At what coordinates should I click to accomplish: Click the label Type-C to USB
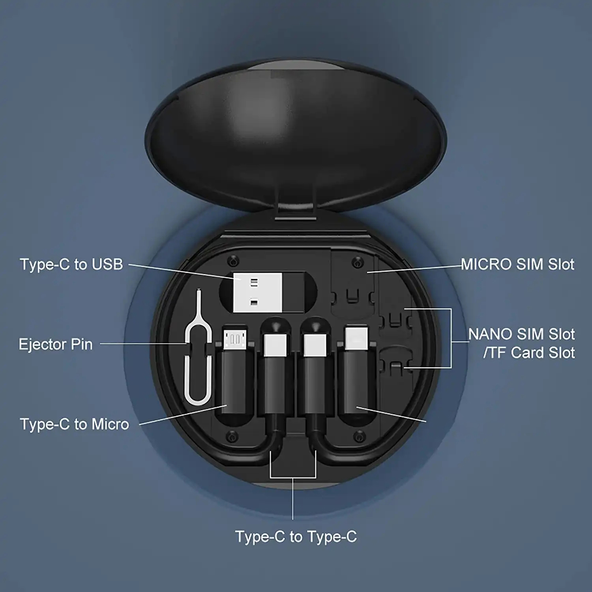[x=71, y=264]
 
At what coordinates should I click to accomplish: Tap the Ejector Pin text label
[x=56, y=344]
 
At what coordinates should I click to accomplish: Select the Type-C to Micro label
[x=75, y=424]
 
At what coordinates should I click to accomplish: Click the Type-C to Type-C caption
[x=296, y=537]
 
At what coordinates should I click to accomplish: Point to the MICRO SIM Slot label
[x=517, y=264]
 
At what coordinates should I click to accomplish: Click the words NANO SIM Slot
[x=521, y=334]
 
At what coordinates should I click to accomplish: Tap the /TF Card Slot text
[x=529, y=353]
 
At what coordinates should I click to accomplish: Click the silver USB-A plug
[x=257, y=292]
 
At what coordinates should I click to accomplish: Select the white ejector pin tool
[x=197, y=355]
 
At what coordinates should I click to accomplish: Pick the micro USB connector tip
[x=235, y=338]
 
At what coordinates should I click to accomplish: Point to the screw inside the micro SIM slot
[x=358, y=262]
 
